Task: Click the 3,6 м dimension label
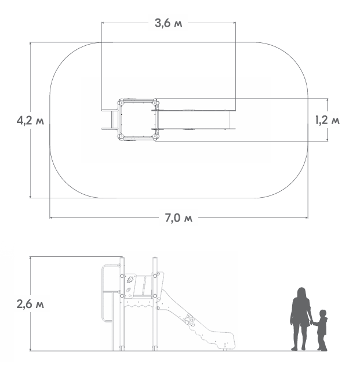(x=169, y=23)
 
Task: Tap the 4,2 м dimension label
(x=30, y=121)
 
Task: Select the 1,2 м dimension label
(x=328, y=121)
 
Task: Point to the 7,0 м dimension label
(x=179, y=218)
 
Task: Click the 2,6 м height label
(x=30, y=304)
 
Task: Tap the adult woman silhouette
(x=300, y=318)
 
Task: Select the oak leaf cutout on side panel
(x=129, y=280)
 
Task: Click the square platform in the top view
(x=138, y=119)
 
